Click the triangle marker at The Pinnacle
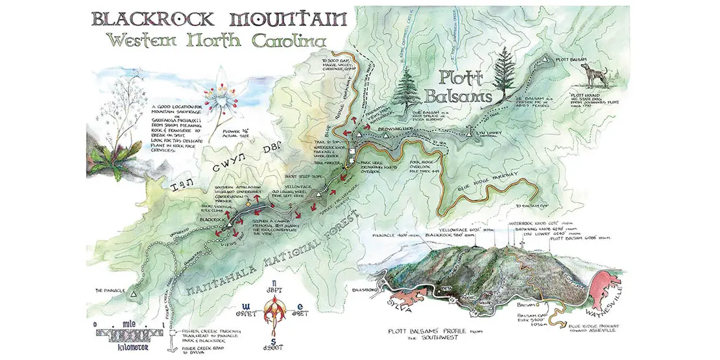point(134,295)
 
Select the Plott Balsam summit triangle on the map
point(548,59)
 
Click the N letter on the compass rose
point(272,282)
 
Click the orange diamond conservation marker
point(247,203)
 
